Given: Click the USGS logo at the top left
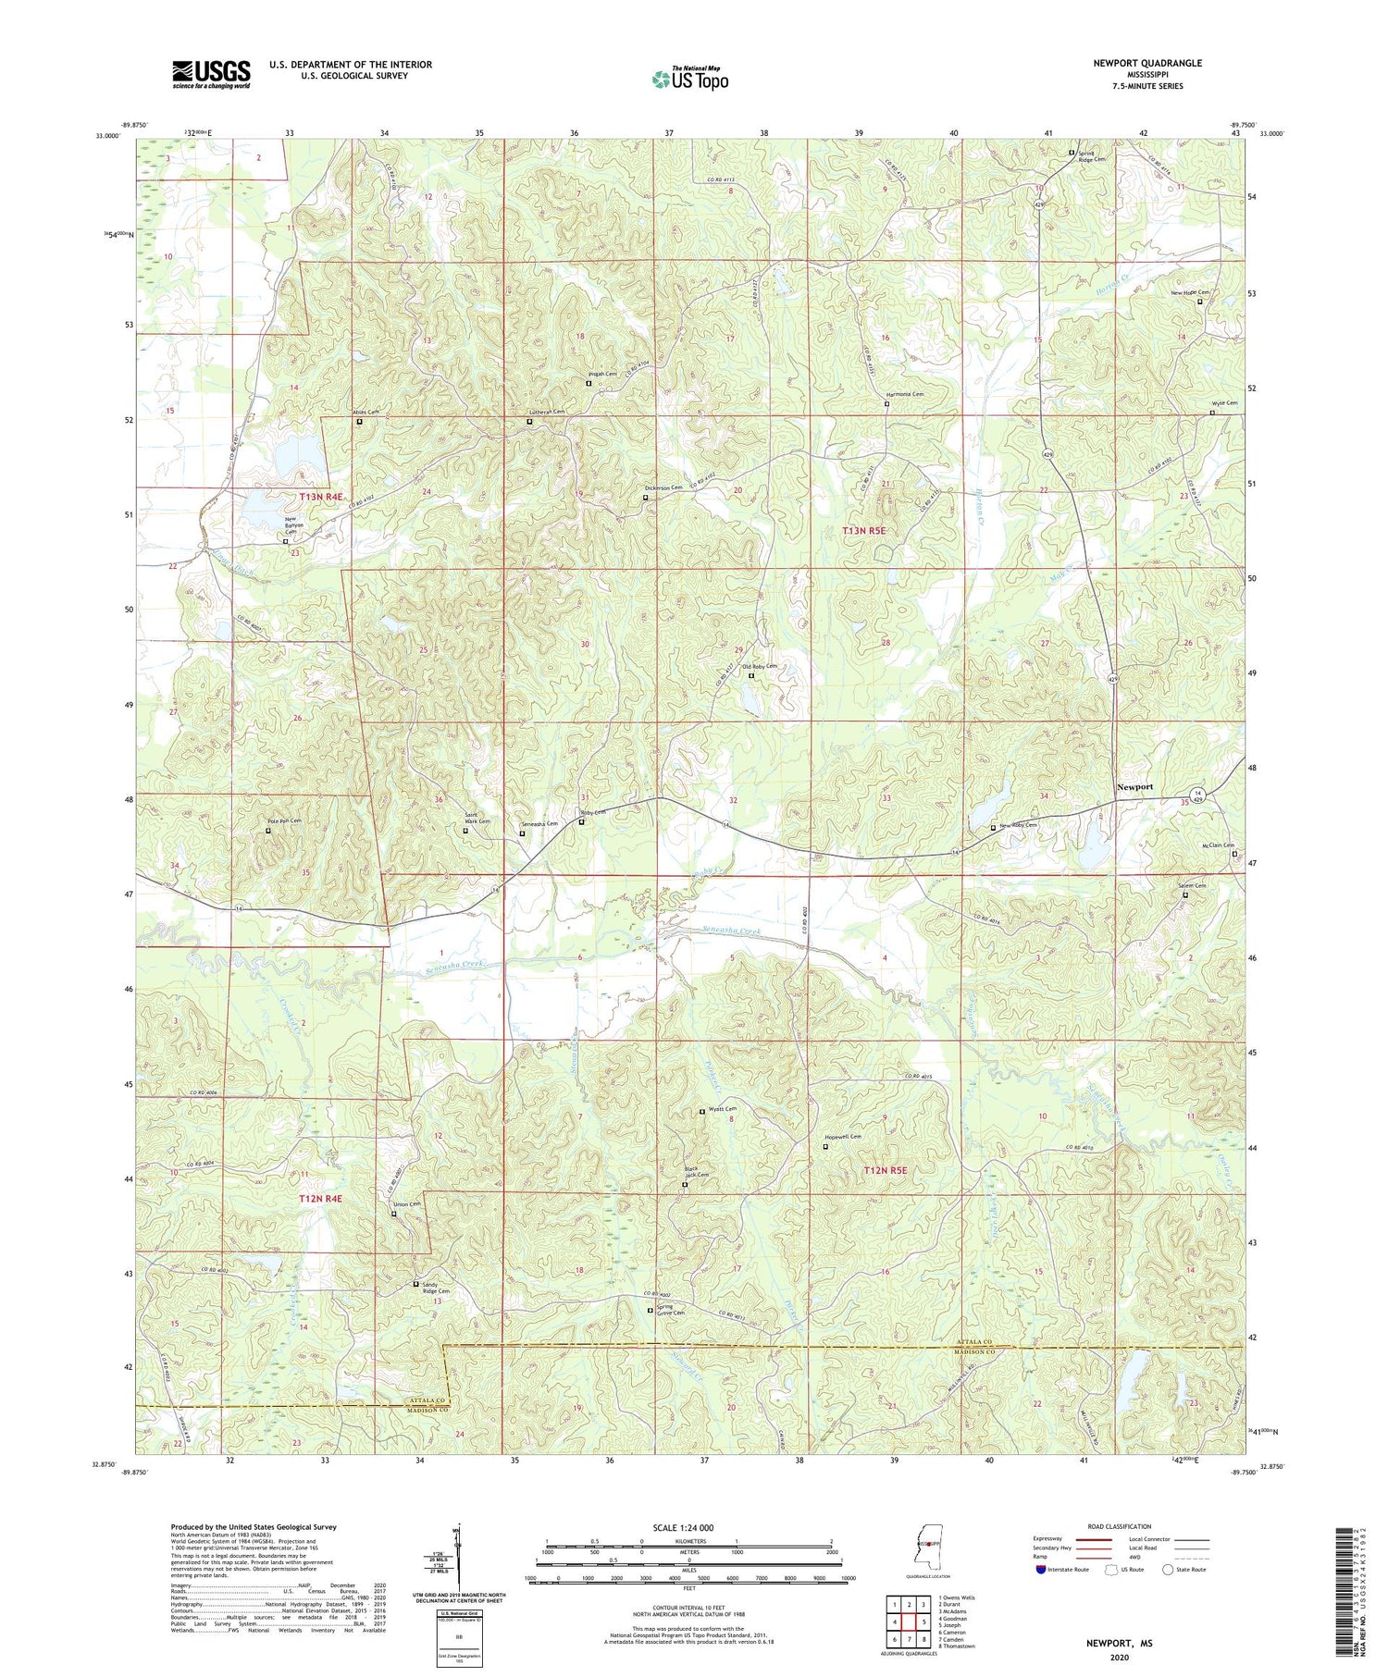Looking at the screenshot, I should pyautogui.click(x=211, y=74).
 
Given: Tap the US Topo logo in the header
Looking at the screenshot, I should pyautogui.click(x=689, y=79).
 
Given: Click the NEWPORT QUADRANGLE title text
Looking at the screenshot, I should pyautogui.click(x=1147, y=63).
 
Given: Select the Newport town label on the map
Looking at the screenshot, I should pyautogui.click(x=1134, y=786).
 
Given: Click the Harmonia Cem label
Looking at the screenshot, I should pyautogui.click(x=904, y=394).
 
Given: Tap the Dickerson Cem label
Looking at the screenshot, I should pyautogui.click(x=663, y=487).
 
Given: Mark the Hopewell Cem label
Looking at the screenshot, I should pyautogui.click(x=843, y=1137).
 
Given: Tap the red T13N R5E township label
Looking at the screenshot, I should pyautogui.click(x=863, y=531).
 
